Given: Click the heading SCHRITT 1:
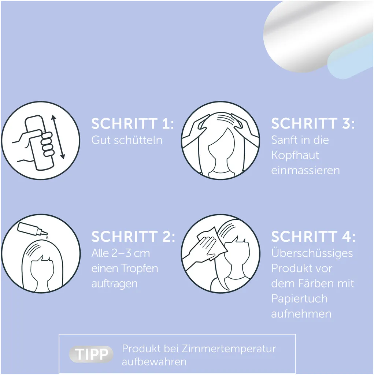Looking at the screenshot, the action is click(133, 124).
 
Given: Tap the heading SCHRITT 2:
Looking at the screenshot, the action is click(133, 237).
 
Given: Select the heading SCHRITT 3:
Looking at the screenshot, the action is click(313, 124).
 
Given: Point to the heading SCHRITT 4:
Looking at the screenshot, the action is click(313, 237).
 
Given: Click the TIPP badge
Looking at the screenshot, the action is click(91, 354).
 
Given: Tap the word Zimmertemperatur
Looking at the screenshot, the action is click(229, 349).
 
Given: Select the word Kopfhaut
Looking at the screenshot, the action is click(295, 155).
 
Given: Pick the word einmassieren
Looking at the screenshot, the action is click(306, 171).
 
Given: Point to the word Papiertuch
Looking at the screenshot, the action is click(299, 299).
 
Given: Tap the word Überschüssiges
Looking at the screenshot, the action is click(312, 253).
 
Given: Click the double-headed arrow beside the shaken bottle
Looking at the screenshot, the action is click(58, 137).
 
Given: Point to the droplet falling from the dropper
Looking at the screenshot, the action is click(47, 237).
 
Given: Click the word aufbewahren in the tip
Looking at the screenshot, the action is click(154, 362).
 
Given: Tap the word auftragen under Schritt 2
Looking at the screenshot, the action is click(115, 284).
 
